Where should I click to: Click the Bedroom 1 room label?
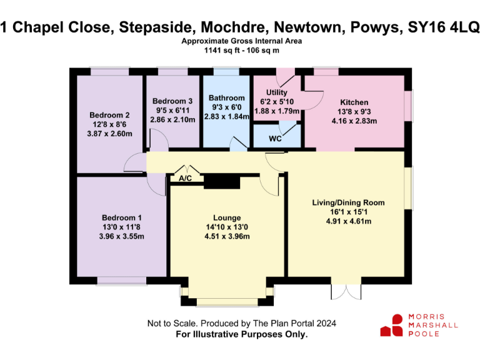point(109,217)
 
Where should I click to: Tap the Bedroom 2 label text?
point(109,115)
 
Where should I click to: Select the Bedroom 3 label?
point(172,101)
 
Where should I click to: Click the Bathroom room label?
point(226,98)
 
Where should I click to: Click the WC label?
point(275,139)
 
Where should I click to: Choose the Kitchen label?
point(354,102)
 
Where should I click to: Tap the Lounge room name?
point(227,217)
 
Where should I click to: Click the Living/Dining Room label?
point(348,202)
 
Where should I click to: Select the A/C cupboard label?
point(186,179)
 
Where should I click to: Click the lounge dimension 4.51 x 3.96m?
point(227,236)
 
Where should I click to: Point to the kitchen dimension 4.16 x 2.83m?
point(354,121)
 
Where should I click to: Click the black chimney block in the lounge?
point(222,181)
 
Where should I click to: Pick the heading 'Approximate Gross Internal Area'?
point(242,41)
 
